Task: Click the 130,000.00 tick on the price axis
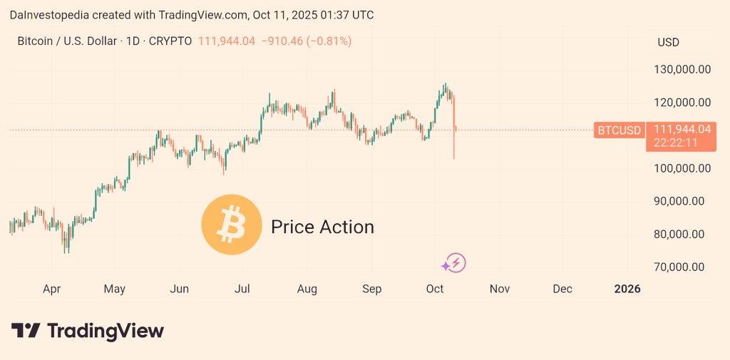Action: [684, 70]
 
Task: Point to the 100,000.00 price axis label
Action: [684, 168]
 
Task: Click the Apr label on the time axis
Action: [51, 289]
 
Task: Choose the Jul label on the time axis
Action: [242, 289]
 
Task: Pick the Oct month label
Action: [435, 289]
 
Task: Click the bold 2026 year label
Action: [627, 289]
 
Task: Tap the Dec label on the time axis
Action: [562, 289]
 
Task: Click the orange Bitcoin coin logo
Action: [232, 225]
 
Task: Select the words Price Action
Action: [322, 227]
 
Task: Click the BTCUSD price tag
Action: [619, 130]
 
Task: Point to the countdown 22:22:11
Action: [680, 143]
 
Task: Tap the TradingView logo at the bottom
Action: [88, 331]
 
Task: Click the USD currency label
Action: [668, 42]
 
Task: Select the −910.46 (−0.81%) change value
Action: [306, 41]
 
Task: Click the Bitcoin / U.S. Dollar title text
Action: [67, 41]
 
